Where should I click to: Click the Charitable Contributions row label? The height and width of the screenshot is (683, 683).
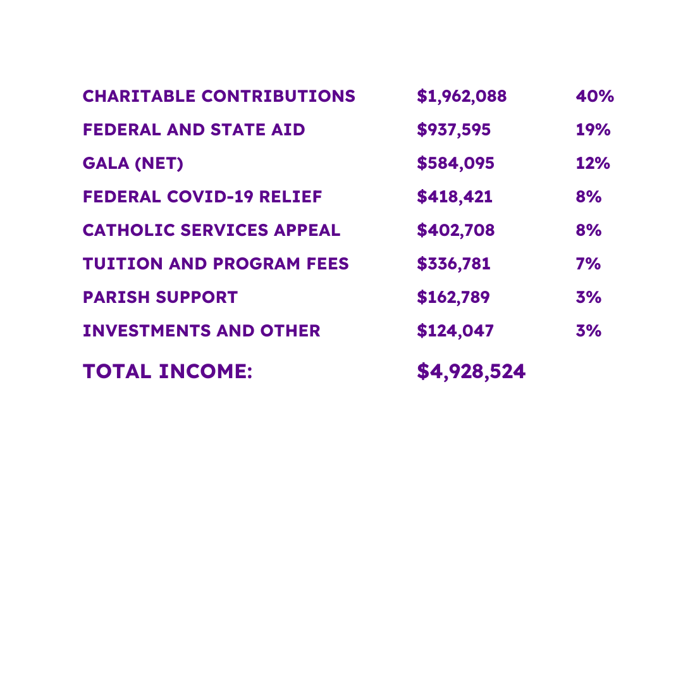219,97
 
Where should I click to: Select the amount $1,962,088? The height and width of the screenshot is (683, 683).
462,97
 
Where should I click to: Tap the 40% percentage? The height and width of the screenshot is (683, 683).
594,97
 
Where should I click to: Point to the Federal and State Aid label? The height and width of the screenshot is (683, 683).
194,130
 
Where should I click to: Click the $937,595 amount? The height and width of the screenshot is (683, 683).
453,130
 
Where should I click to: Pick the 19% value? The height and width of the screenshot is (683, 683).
593,130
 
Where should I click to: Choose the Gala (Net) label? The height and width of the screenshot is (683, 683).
133,164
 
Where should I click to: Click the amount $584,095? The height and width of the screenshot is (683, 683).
455,164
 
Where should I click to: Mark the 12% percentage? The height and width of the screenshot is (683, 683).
593,164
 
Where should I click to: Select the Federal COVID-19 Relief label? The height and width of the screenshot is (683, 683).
202,197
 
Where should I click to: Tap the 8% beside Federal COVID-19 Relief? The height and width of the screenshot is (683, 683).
588,197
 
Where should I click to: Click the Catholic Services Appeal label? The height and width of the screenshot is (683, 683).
211,231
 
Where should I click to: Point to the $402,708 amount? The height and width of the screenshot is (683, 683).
455,231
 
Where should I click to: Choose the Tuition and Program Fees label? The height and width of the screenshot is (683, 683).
216,264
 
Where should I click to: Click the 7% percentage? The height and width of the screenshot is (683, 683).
588,264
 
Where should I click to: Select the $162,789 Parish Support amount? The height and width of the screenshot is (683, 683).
453,297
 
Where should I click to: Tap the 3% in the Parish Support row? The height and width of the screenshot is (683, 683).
588,297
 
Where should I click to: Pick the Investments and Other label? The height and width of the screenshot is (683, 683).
201,331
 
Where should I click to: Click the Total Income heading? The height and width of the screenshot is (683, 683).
168,372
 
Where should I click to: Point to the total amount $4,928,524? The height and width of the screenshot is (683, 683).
471,372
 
